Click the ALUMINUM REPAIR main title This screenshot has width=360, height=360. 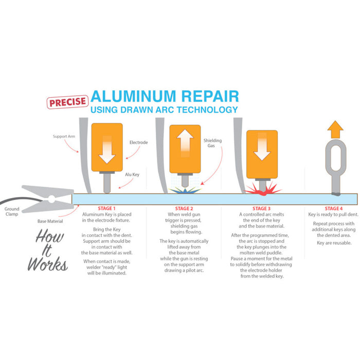(x=165, y=97)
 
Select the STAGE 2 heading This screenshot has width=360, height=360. (x=184, y=208)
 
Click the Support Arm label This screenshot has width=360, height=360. (x=64, y=137)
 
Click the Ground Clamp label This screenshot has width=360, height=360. (x=12, y=212)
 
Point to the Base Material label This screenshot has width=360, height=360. (x=49, y=221)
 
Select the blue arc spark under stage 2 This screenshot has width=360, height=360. (x=184, y=191)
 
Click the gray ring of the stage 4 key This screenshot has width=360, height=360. (x=334, y=157)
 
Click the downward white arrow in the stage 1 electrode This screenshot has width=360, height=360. (x=107, y=149)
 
